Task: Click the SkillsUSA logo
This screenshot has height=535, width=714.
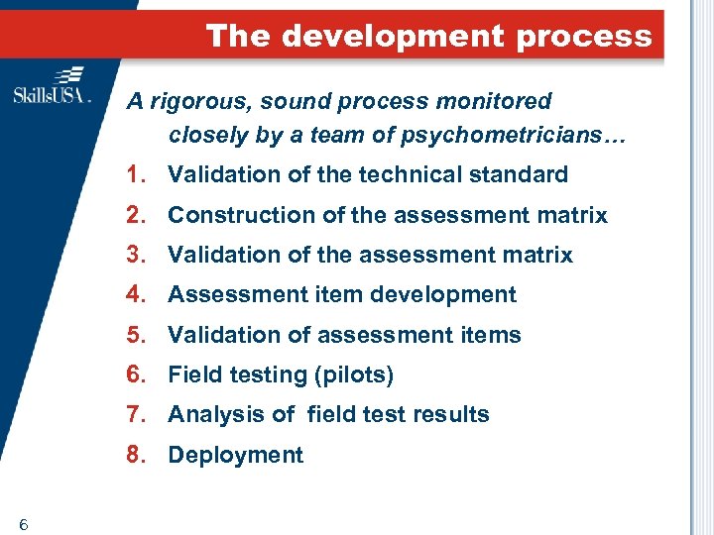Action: [52, 86]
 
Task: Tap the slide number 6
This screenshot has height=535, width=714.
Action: [22, 524]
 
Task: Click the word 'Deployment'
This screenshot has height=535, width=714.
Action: [235, 455]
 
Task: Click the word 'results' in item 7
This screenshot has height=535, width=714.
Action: [453, 414]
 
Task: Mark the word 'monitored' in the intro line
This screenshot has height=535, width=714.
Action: [503, 101]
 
